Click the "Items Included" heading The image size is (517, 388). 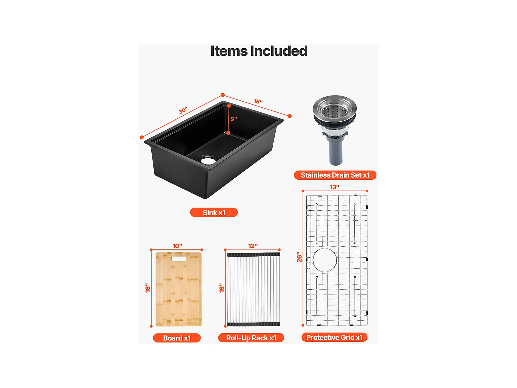point(259,51)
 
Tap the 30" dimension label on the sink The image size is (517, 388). point(183,110)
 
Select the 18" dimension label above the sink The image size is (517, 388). point(258,101)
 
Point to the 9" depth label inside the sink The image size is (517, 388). point(234,119)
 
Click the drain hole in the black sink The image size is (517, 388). point(208,160)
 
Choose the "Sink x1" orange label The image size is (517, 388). point(214,212)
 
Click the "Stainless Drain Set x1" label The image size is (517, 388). point(335,175)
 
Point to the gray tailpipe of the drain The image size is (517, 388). point(336,152)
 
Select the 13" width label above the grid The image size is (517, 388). point(334,187)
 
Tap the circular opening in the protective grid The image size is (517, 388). point(324,260)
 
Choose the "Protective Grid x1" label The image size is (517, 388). point(334,337)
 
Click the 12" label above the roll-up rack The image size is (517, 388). point(253,246)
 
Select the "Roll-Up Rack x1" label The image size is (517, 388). point(251,338)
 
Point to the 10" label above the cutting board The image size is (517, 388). point(177,246)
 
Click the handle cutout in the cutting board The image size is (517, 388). point(179,258)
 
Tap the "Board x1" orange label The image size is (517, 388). point(177,338)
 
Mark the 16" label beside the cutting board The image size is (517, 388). point(148,288)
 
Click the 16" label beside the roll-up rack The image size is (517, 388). point(222,288)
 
